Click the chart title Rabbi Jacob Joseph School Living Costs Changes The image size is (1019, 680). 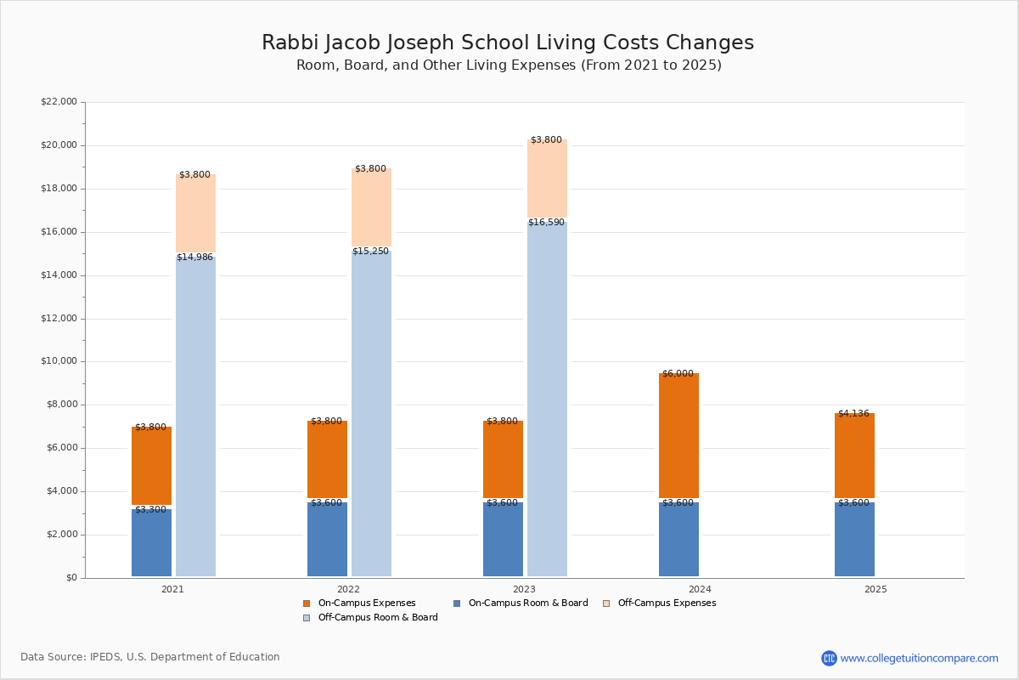tap(508, 42)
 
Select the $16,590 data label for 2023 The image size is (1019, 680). tap(546, 222)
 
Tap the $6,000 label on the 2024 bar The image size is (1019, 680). tap(678, 373)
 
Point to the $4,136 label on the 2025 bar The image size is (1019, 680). tap(854, 414)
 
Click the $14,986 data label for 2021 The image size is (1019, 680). tap(194, 257)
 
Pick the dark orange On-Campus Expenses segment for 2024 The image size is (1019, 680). tap(678, 435)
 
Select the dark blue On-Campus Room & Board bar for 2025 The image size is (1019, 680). tap(854, 539)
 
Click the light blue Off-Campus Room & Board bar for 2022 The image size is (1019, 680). tap(371, 413)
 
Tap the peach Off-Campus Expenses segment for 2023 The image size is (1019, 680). tap(547, 178)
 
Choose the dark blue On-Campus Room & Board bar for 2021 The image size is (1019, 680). tap(151, 542)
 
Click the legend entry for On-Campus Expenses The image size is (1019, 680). tap(359, 603)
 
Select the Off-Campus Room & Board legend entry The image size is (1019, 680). tap(370, 618)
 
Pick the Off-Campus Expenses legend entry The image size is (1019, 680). tap(659, 603)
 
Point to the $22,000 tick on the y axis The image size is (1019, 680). tap(59, 101)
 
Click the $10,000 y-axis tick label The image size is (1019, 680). tap(59, 361)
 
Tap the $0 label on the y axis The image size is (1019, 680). tap(72, 578)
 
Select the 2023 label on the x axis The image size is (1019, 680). tap(525, 589)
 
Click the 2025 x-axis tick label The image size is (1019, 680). tap(875, 589)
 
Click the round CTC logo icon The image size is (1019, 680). tap(829, 658)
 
